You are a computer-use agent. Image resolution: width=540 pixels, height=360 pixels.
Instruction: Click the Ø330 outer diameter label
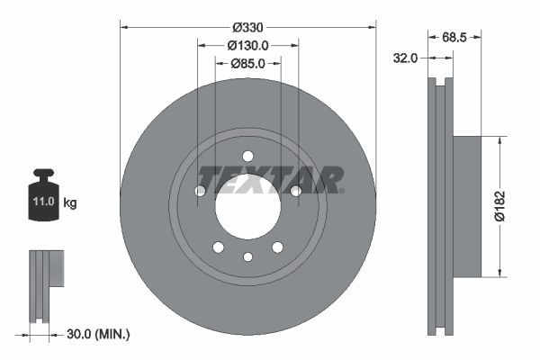point(247,28)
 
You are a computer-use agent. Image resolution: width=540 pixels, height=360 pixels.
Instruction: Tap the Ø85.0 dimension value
point(247,64)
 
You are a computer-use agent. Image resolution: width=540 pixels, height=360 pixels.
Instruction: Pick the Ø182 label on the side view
point(509,206)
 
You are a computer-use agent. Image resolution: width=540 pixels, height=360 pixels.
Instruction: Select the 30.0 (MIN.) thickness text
point(99,334)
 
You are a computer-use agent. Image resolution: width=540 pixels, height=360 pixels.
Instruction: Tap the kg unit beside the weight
point(70,203)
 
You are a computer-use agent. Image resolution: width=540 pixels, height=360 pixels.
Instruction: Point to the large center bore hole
point(247,206)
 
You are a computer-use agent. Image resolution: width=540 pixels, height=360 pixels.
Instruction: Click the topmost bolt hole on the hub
point(247,157)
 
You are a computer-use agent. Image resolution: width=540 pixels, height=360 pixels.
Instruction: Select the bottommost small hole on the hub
point(247,257)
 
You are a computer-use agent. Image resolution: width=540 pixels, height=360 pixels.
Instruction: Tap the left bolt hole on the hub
point(200,191)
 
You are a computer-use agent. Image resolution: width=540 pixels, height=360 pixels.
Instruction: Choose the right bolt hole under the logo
point(295,190)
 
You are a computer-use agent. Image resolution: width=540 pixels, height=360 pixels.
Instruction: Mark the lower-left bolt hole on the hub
point(218,247)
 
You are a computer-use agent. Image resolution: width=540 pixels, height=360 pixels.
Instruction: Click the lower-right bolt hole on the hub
point(277,247)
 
